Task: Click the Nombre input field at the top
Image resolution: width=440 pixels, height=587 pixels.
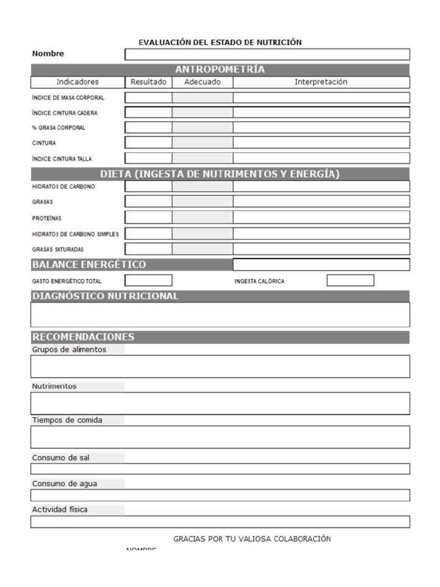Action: pos(267,54)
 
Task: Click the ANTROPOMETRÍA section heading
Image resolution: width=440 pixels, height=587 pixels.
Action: pos(220,69)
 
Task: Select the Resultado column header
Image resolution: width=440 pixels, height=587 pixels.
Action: pos(148,82)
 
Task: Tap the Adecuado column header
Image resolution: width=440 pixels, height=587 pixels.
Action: pos(202,82)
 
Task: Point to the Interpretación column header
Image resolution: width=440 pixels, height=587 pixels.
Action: pos(321,82)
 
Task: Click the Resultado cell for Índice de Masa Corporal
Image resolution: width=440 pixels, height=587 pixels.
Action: pos(148,97)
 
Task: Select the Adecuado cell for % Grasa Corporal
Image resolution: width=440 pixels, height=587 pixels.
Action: pos(202,127)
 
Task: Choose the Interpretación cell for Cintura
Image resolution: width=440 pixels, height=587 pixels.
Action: pos(321,142)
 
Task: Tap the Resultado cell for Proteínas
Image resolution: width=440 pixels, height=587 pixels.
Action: pos(148,217)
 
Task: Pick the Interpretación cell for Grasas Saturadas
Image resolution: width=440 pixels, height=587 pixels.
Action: pos(321,249)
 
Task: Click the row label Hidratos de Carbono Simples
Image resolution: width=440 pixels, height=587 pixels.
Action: pos(75,234)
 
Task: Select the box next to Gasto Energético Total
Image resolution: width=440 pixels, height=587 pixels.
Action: pos(148,280)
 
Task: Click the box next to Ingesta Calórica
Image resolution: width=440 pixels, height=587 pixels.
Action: pos(350,280)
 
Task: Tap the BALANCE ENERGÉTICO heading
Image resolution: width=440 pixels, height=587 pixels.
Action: pos(89,264)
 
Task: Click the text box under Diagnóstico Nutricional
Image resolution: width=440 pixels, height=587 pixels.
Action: pos(220,314)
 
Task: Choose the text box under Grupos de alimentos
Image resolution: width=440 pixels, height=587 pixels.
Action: pos(220,366)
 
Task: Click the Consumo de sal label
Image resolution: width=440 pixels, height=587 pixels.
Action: pos(60,457)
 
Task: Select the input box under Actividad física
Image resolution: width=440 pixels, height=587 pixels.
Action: pos(220,522)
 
